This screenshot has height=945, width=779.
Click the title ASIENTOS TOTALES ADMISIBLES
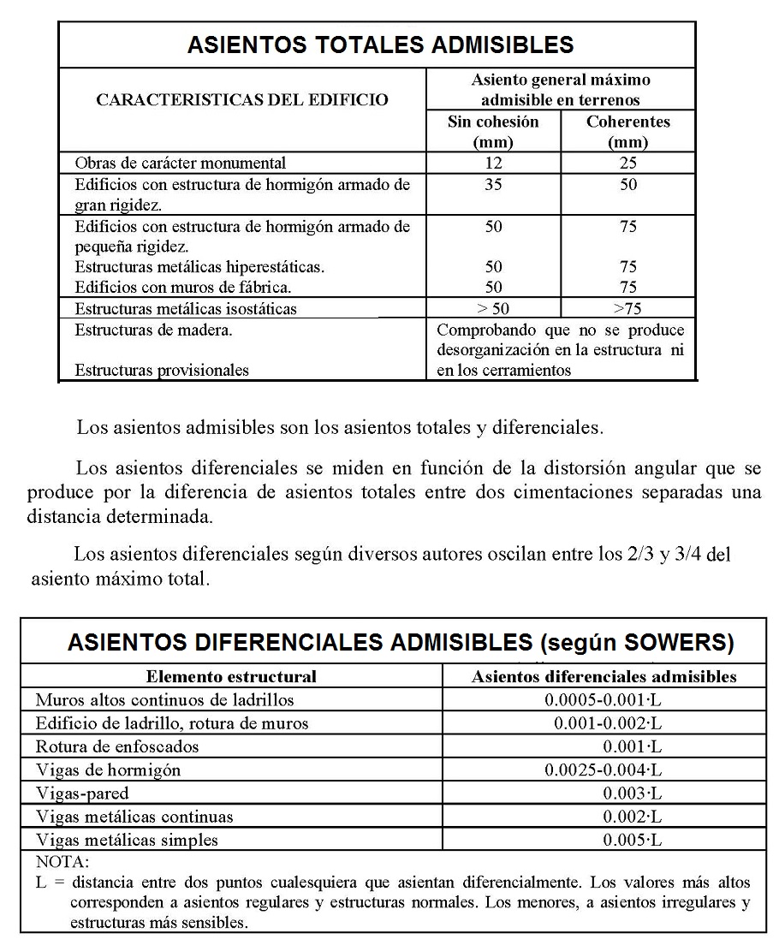click(380, 45)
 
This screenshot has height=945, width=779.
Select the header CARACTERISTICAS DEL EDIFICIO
click(241, 100)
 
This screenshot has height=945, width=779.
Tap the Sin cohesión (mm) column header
click(493, 131)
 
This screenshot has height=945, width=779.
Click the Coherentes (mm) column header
click(627, 131)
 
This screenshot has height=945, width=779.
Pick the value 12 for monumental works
click(493, 163)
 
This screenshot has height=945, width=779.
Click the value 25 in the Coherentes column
click(628, 163)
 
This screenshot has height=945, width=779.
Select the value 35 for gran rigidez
click(493, 184)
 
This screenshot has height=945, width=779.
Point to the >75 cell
click(628, 309)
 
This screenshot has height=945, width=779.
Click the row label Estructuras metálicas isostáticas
click(187, 309)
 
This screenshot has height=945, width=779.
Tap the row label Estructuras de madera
click(153, 330)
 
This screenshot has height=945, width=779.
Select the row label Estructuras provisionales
click(162, 370)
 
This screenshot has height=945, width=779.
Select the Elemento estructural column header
click(231, 676)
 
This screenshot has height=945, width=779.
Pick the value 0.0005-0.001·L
click(604, 699)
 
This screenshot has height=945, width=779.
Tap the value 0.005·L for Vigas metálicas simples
click(632, 839)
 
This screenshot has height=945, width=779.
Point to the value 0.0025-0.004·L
click(604, 770)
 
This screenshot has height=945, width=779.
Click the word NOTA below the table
click(62, 862)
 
